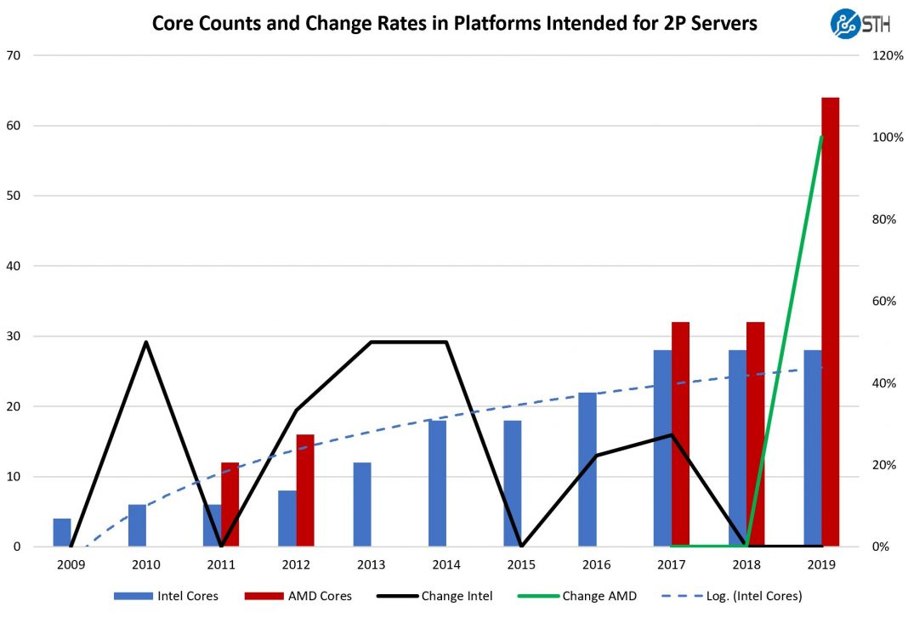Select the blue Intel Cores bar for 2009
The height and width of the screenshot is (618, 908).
(63, 532)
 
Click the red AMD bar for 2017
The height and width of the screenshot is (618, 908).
(680, 434)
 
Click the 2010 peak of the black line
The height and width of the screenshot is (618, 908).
(146, 342)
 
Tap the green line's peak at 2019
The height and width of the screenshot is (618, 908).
(821, 137)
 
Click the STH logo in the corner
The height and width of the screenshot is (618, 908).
(860, 23)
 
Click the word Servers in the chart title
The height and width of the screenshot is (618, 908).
(722, 23)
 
